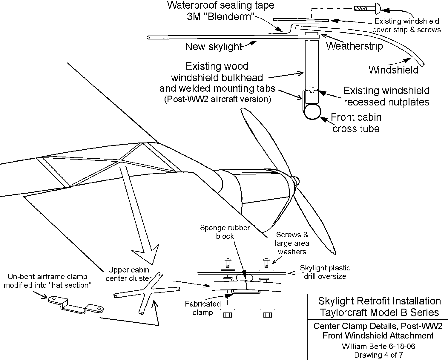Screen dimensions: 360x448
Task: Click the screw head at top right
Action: click(x=377, y=8)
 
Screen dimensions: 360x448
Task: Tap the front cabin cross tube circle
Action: click(x=312, y=112)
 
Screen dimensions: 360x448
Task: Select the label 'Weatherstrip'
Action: click(x=354, y=46)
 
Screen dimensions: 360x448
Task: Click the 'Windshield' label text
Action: click(x=393, y=70)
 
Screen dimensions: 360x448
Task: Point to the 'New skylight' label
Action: click(x=213, y=47)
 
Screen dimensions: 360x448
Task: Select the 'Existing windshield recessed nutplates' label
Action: click(x=386, y=96)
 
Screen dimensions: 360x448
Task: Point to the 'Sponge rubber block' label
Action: click(x=225, y=232)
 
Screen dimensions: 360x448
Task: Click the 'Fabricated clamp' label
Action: click(x=202, y=308)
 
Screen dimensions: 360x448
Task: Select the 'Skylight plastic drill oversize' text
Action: click(x=325, y=272)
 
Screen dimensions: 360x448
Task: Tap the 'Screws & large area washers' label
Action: click(x=292, y=243)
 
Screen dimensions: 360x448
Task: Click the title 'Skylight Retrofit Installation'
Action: click(x=379, y=301)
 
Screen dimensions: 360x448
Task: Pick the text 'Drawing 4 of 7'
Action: click(x=378, y=355)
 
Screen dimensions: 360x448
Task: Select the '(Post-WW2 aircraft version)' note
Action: click(x=217, y=99)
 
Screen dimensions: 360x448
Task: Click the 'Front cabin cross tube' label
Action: click(x=356, y=123)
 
